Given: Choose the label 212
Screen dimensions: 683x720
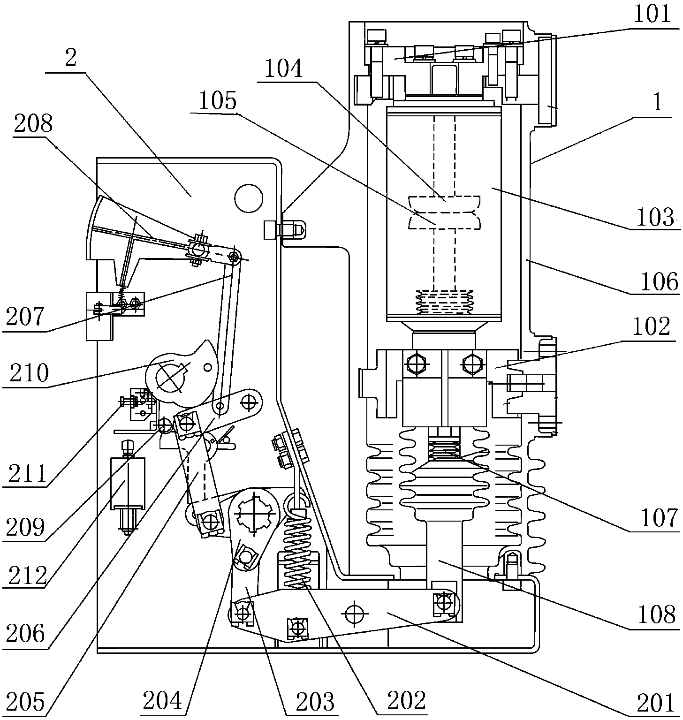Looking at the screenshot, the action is click(x=27, y=575).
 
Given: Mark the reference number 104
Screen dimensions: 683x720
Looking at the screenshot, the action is click(x=283, y=69).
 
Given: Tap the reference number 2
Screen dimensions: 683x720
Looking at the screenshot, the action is click(x=71, y=60).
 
